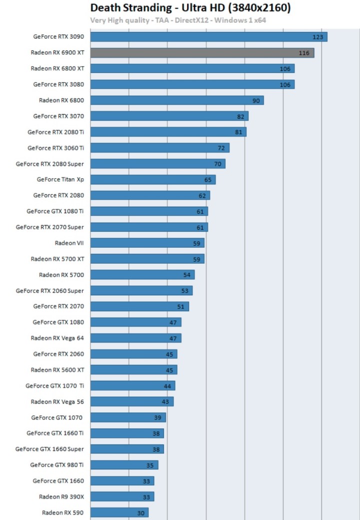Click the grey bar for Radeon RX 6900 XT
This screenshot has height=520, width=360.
tap(202, 53)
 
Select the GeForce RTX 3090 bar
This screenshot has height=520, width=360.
tap(208, 37)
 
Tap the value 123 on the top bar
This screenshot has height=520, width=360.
tap(317, 37)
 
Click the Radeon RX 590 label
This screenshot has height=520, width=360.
tap(62, 512)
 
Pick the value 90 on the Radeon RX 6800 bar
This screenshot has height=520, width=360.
tap(256, 101)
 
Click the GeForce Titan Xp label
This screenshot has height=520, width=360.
tap(60, 179)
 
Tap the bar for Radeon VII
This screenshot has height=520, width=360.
tap(147, 243)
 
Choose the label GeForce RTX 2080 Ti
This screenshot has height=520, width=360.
tap(55, 132)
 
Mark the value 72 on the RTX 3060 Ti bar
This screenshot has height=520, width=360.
tap(221, 148)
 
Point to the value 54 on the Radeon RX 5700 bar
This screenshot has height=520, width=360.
tap(187, 275)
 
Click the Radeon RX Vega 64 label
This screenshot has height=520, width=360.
tap(57, 338)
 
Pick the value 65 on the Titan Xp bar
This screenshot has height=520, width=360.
tap(208, 179)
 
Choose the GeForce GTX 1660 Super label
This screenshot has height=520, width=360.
tap(49, 449)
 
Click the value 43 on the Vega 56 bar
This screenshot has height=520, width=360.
tap(166, 402)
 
